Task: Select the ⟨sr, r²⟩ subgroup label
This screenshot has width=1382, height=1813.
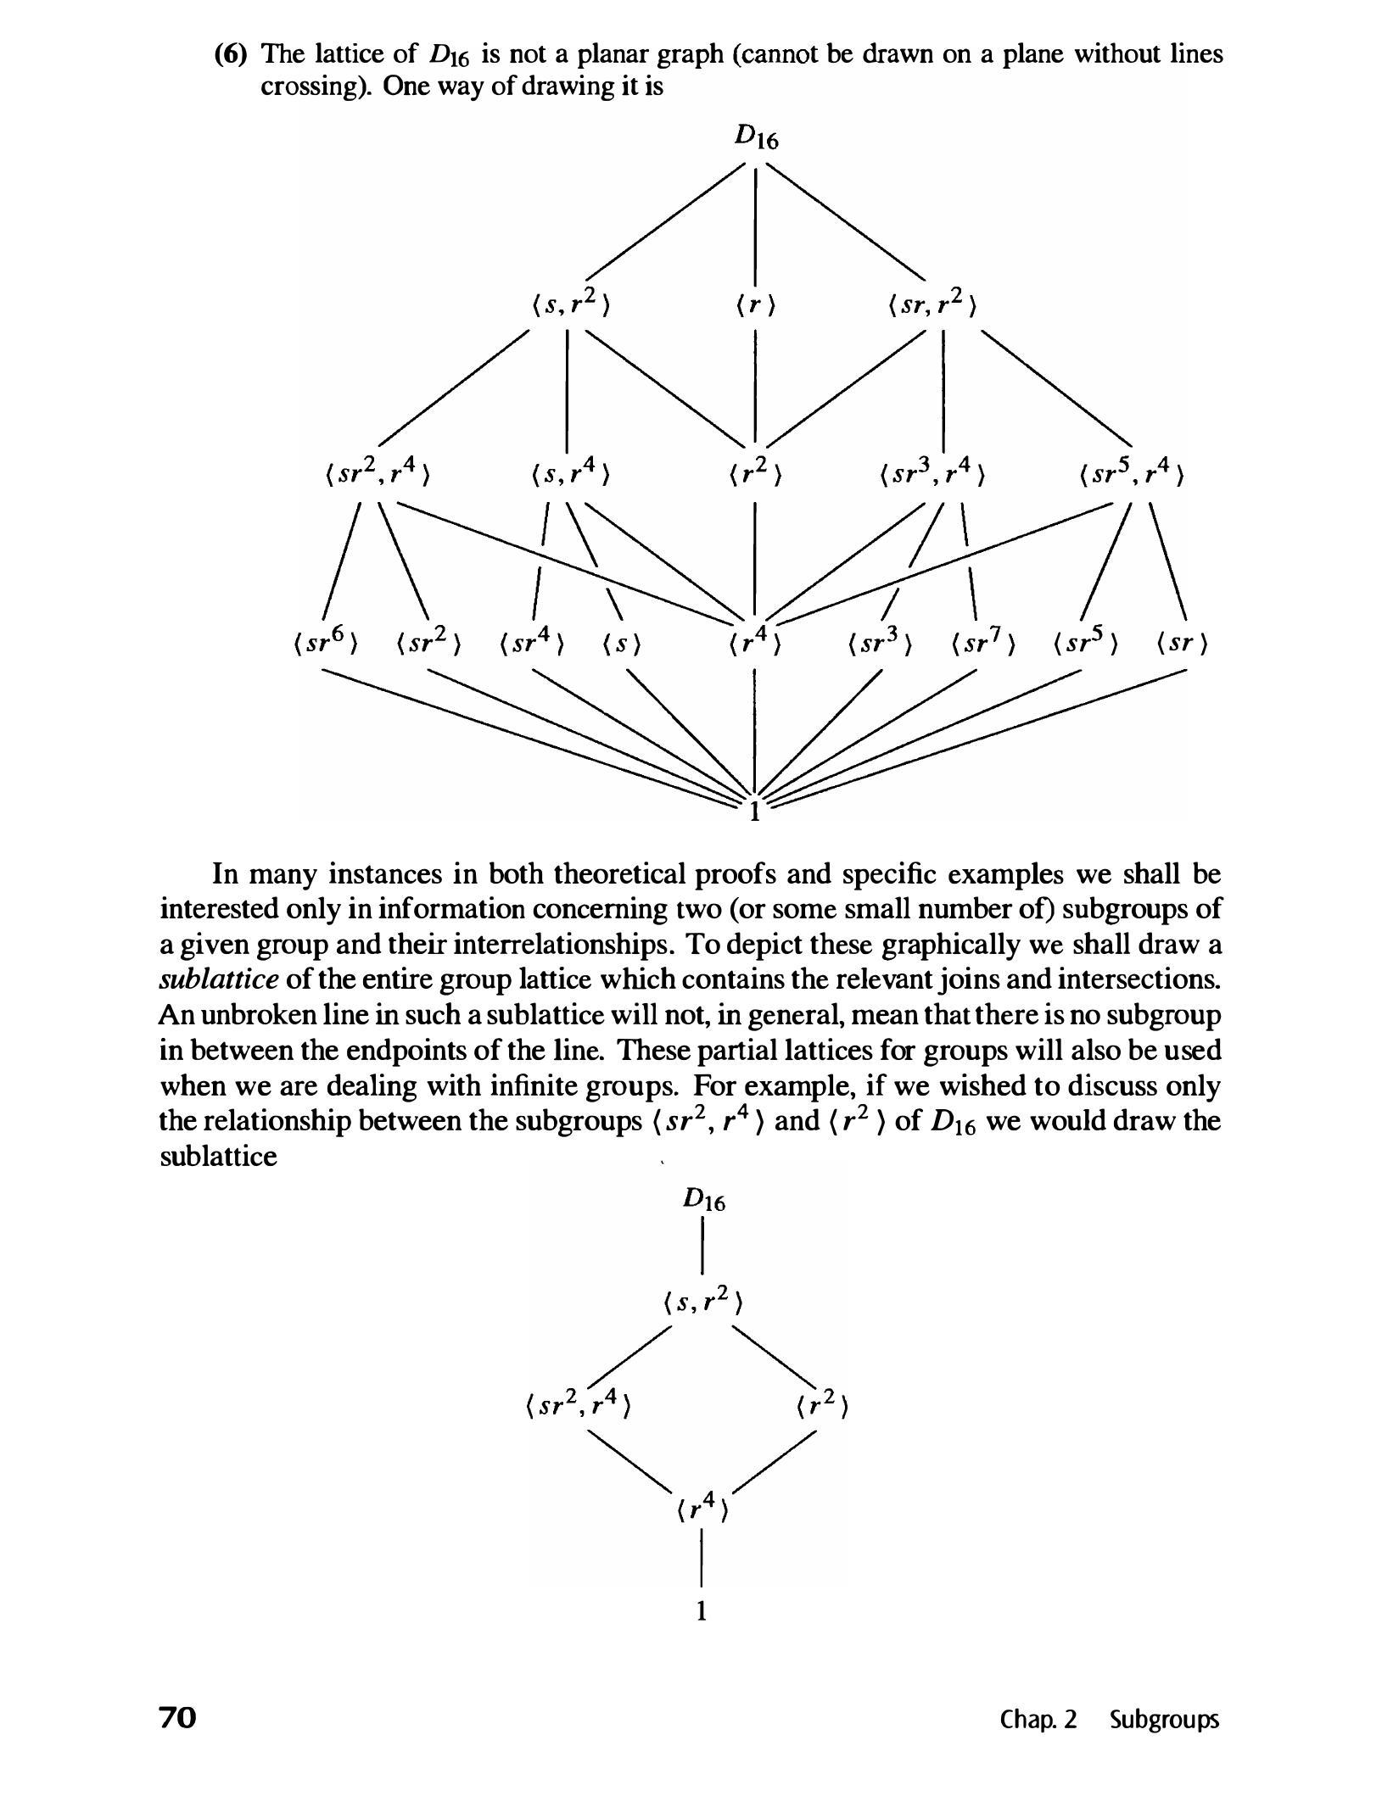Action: point(932,304)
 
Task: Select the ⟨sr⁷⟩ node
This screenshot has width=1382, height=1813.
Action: point(983,644)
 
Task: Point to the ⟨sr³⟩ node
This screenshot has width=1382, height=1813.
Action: point(880,644)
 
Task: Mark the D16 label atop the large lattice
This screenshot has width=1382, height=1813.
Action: point(754,137)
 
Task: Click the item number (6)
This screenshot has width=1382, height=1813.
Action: point(230,54)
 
